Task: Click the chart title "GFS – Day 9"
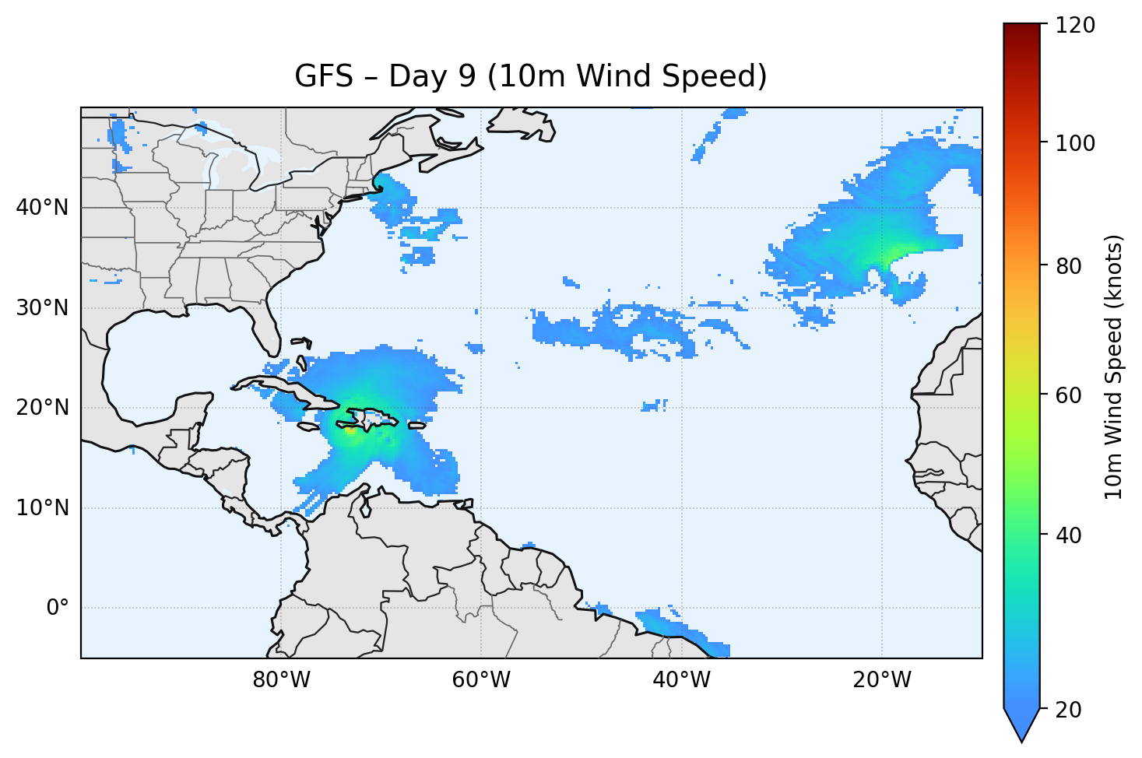[531, 76]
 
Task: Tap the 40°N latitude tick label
[42, 208]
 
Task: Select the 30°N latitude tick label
[42, 308]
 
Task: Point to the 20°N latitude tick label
[42, 408]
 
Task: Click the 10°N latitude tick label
[42, 508]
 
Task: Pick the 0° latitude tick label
[58, 608]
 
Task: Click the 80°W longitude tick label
[281, 680]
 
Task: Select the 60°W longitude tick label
[481, 680]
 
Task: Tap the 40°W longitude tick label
[681, 680]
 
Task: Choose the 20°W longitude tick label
[882, 680]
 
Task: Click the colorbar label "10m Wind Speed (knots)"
[1114, 367]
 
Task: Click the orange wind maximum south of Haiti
[350, 429]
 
